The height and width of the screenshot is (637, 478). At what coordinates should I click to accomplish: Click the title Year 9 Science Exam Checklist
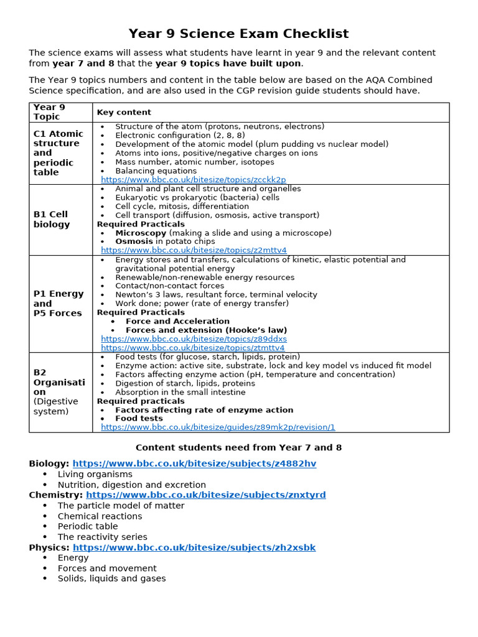238,34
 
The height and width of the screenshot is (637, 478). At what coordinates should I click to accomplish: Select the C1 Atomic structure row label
57,153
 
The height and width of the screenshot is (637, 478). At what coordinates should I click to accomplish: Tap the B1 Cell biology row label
52,220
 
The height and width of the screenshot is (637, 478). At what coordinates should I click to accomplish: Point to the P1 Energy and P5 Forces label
58,304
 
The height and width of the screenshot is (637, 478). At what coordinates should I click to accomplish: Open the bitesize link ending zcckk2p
193,180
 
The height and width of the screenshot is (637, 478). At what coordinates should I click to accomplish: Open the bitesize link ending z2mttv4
194,251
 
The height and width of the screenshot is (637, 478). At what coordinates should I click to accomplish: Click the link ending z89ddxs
194,339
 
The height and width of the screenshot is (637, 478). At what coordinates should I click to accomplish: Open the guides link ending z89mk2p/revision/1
218,427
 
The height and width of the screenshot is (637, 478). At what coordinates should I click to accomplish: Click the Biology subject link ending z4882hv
194,464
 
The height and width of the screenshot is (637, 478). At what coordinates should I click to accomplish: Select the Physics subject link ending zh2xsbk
194,547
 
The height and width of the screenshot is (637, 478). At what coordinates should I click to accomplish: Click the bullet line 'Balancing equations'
156,171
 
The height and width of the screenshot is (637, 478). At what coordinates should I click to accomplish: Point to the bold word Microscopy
141,233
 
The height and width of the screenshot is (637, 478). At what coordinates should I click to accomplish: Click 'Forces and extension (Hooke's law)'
206,330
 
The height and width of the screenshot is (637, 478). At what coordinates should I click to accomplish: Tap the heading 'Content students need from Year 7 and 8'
238,448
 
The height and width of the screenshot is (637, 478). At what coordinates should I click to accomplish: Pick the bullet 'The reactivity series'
102,537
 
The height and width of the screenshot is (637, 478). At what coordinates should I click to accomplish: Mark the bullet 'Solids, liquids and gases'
111,579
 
